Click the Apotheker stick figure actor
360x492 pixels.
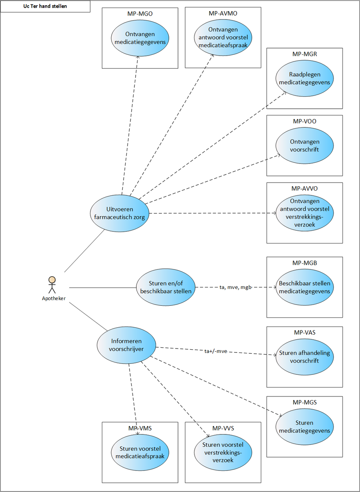[x=52, y=285]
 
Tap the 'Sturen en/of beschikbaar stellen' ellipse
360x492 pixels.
[x=166, y=287]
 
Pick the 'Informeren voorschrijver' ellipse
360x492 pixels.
[x=126, y=345]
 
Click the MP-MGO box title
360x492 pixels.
[x=140, y=14]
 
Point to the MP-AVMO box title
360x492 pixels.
[x=223, y=14]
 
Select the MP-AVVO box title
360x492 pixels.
[x=305, y=189]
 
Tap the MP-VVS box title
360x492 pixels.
[x=223, y=428]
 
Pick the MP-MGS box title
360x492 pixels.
[x=305, y=402]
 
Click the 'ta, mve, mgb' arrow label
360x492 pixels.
[x=236, y=287]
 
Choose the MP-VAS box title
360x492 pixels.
[x=305, y=333]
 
